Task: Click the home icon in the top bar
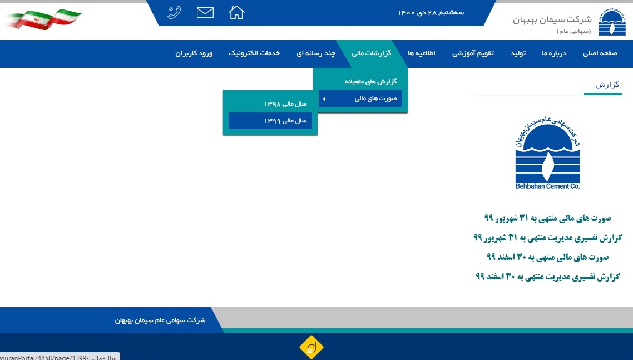(236, 13)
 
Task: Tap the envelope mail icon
(205, 13)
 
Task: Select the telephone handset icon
(175, 13)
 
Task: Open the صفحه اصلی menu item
(600, 53)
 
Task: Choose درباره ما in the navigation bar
(554, 53)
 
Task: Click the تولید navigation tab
(518, 53)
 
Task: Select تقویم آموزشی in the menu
(473, 53)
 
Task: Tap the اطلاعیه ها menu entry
(421, 53)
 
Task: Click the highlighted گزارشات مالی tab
(372, 53)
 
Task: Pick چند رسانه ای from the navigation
(316, 53)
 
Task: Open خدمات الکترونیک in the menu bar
(254, 53)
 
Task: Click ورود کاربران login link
(194, 53)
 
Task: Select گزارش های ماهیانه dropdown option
(370, 82)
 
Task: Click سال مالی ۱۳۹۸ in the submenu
(285, 104)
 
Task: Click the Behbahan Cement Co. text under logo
(548, 186)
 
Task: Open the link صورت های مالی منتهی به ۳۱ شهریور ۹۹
(548, 218)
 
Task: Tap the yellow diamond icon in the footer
(311, 347)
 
